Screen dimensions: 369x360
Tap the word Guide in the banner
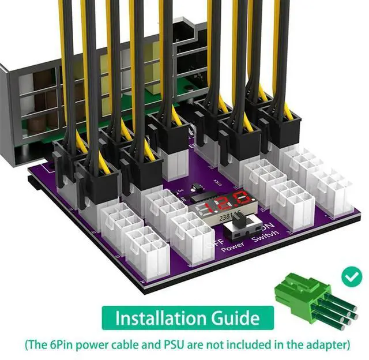[x=233, y=317]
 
